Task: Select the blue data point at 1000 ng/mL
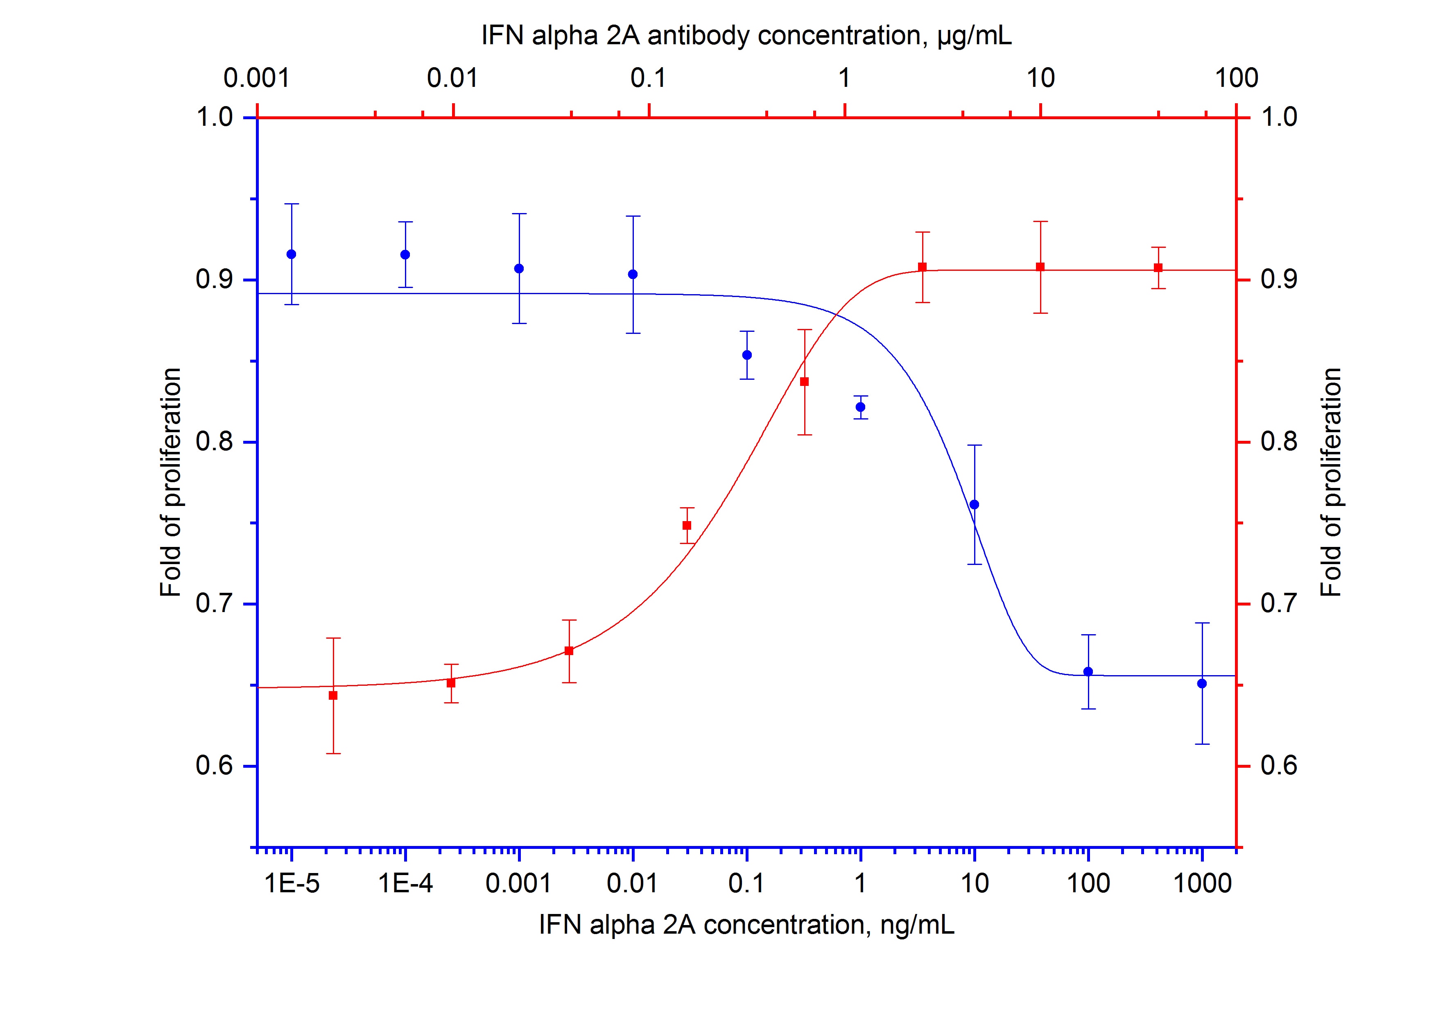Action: pos(1201,683)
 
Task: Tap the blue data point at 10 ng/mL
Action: pos(974,504)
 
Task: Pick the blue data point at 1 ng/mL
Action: pos(861,407)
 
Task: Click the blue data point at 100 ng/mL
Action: pos(1088,671)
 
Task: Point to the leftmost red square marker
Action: pos(333,695)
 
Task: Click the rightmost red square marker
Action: pos(1158,268)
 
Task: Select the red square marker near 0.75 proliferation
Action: pos(687,525)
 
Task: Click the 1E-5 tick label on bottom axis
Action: pos(292,883)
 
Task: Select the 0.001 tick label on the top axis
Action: pos(257,79)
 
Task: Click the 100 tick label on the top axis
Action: pos(1236,79)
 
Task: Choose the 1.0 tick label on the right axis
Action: pos(1279,117)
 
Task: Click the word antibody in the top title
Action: pos(698,36)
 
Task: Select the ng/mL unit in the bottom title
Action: pos(918,925)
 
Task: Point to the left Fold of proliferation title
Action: pos(171,482)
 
